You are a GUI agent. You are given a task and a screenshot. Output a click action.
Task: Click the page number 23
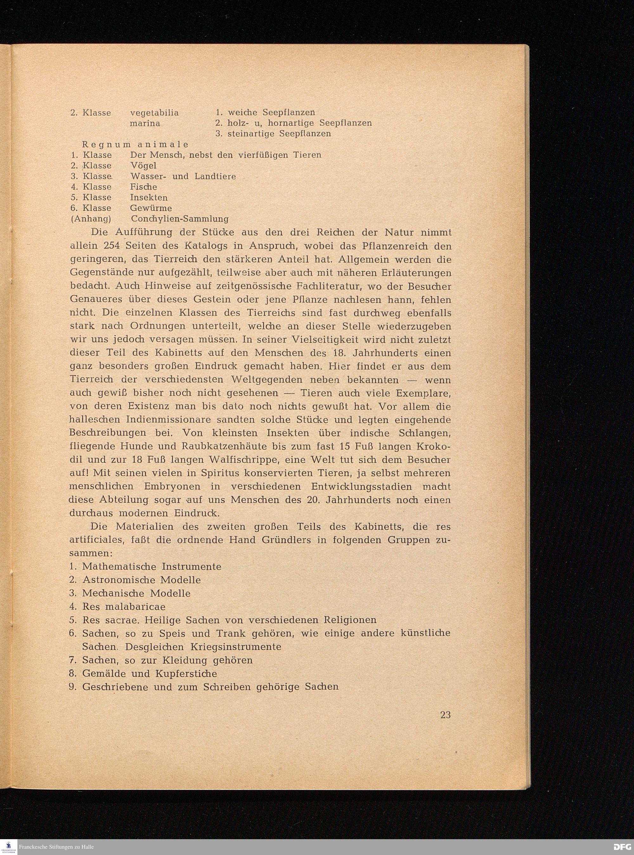[x=445, y=715]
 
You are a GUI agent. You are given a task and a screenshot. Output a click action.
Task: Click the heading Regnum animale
[x=135, y=144]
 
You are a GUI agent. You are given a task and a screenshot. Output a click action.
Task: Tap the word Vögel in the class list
[x=143, y=166]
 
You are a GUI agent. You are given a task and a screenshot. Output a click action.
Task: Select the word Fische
[x=143, y=187]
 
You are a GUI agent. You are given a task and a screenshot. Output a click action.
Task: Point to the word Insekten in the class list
[x=149, y=198]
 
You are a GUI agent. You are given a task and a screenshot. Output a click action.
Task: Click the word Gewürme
[x=151, y=208]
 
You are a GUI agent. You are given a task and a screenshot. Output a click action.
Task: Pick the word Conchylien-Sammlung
[x=180, y=219]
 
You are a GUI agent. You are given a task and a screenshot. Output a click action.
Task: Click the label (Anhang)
[x=91, y=219]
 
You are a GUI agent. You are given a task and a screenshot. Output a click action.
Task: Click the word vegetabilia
[x=154, y=113]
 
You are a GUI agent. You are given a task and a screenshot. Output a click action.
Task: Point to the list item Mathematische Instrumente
[x=152, y=567]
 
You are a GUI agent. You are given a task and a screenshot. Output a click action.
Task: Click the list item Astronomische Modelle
[x=141, y=580]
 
